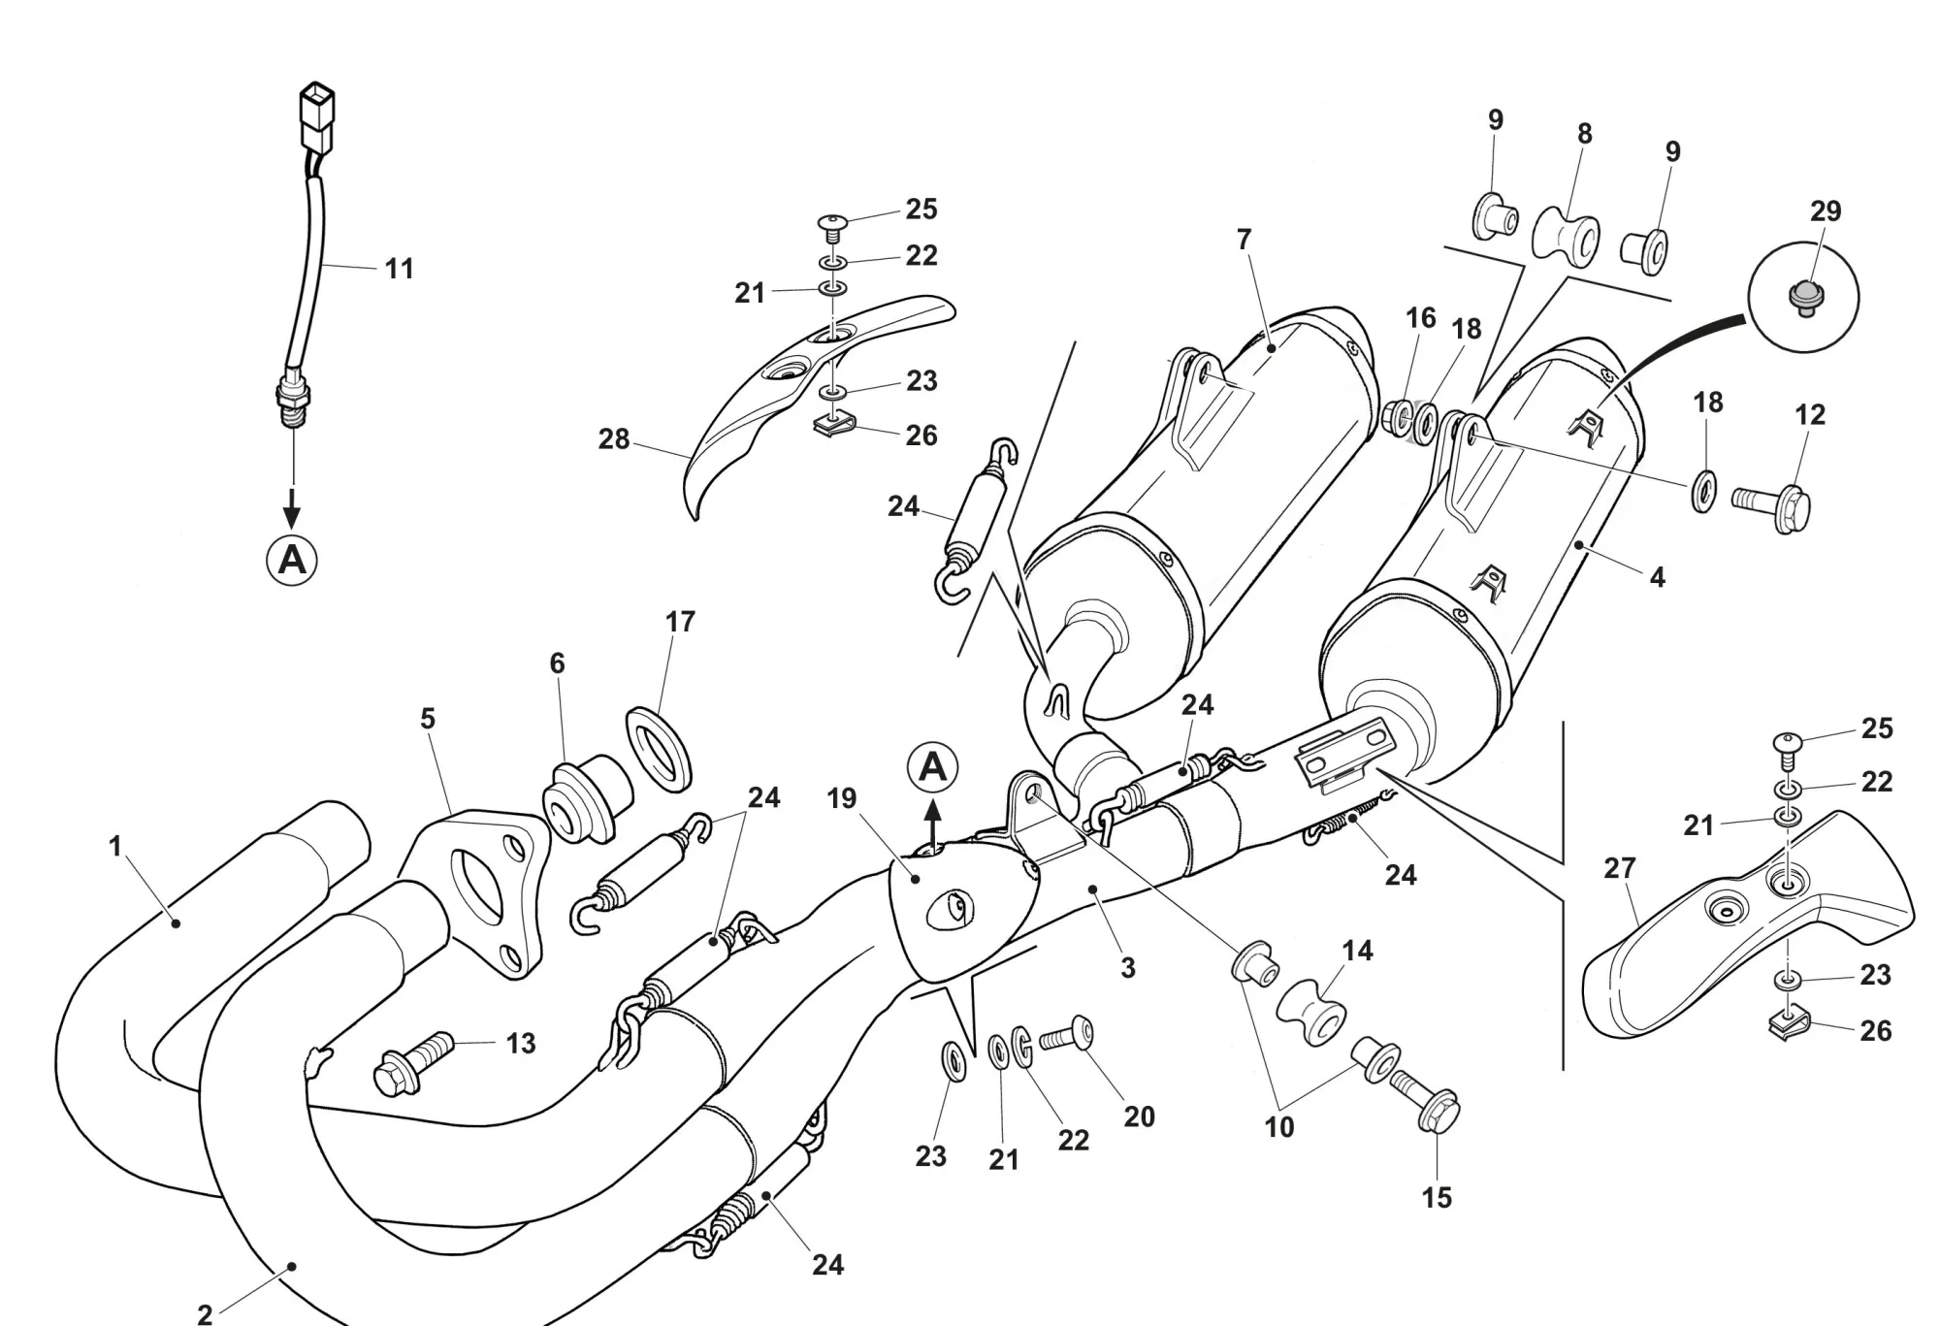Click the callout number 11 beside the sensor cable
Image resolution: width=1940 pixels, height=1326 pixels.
[399, 269]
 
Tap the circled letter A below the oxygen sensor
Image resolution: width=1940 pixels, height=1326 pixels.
[292, 561]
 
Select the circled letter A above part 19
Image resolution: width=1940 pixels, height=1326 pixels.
[932, 767]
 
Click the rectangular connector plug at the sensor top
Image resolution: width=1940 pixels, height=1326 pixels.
[317, 113]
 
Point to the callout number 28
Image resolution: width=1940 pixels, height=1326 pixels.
[613, 439]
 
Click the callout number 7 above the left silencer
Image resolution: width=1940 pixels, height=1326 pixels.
[1245, 240]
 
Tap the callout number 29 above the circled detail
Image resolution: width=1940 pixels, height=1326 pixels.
[1825, 210]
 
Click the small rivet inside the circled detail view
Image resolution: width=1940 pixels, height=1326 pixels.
[1804, 295]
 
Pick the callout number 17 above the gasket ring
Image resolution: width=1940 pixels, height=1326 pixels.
[680, 622]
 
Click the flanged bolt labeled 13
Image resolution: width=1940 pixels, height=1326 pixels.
[414, 1064]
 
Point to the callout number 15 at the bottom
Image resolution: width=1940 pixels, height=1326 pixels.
[1437, 1198]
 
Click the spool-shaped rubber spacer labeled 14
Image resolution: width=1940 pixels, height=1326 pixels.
[1310, 1012]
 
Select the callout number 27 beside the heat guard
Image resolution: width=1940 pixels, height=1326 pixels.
[1619, 868]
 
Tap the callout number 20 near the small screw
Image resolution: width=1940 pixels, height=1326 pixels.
[1139, 1116]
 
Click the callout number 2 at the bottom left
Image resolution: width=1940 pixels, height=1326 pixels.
[205, 1314]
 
